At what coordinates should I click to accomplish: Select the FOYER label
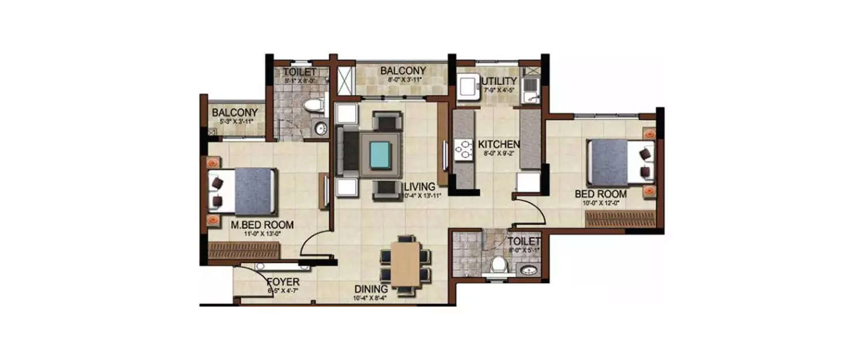pyautogui.click(x=283, y=282)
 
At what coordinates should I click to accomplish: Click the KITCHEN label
pyautogui.click(x=499, y=144)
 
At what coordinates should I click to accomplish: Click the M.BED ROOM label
pyautogui.click(x=262, y=225)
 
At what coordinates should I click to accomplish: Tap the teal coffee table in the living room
pyautogui.click(x=380, y=155)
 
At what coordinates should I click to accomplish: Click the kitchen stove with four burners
pyautogui.click(x=463, y=149)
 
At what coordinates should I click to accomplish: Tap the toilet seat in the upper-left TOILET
pyautogui.click(x=313, y=105)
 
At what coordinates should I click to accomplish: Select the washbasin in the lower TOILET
pyautogui.click(x=527, y=270)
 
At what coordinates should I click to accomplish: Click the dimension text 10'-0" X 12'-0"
pyautogui.click(x=601, y=203)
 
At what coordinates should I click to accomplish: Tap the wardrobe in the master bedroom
pyautogui.click(x=244, y=251)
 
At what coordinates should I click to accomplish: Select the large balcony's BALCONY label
pyautogui.click(x=403, y=71)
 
